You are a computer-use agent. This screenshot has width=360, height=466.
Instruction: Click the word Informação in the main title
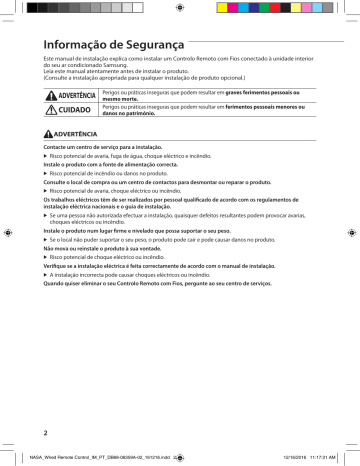coord(70,45)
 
